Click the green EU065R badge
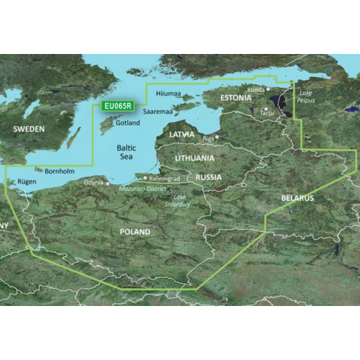pos(117,105)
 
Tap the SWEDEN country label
pos(28,129)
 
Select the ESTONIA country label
pos(236,97)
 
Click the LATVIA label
pos(181,134)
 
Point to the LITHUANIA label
pos(191,158)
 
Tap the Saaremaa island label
pos(156,112)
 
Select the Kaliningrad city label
pos(166,177)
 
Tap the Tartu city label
pos(267,113)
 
